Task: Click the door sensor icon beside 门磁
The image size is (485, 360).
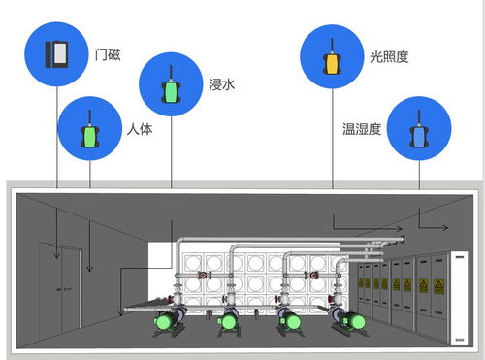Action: point(57,52)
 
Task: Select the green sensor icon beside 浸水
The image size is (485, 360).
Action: point(171,85)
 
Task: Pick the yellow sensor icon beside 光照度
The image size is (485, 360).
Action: point(333,57)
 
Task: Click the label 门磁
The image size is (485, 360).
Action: point(109,53)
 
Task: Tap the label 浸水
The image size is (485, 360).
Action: point(222,85)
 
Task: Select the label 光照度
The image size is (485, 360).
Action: point(389,57)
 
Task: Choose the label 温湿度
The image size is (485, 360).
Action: point(361,128)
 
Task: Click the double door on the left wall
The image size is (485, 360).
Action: point(59,281)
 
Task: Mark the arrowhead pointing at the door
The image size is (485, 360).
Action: point(57,257)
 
